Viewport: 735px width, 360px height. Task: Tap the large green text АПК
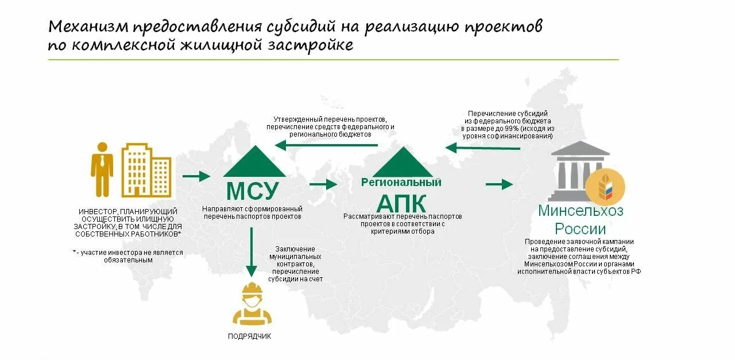(401, 204)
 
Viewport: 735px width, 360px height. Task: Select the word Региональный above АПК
(401, 183)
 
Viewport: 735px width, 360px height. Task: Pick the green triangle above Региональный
(403, 162)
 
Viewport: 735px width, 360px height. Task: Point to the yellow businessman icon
(102, 169)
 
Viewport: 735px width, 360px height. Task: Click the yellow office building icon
(146, 170)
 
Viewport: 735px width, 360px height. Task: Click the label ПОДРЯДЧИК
(249, 336)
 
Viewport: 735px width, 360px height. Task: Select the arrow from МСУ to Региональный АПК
(323, 184)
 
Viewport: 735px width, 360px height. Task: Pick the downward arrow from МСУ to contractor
(250, 253)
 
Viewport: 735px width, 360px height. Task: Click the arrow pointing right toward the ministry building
(498, 184)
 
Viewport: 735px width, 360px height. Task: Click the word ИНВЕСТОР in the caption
(97, 212)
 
